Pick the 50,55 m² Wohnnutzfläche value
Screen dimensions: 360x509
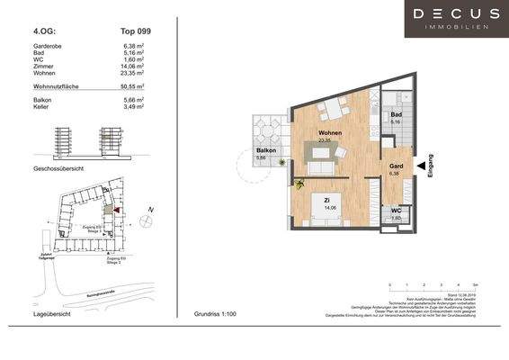(133, 87)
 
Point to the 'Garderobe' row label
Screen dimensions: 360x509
(49, 44)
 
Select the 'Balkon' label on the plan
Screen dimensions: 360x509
(264, 150)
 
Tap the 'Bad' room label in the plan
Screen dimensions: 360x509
(395, 115)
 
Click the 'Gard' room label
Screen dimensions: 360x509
(395, 167)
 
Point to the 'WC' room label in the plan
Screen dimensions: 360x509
(395, 211)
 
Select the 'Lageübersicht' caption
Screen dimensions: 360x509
(51, 317)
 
